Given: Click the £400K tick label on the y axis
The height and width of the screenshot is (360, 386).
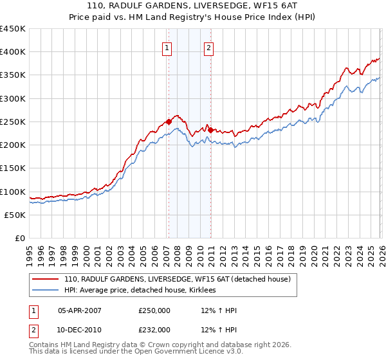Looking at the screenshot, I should pos(13,52).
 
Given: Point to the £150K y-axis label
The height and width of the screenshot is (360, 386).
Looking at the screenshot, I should pos(13,168).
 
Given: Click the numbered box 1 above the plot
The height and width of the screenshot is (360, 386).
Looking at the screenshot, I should pos(167,47).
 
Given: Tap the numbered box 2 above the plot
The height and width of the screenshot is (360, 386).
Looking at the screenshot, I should pos(210,47).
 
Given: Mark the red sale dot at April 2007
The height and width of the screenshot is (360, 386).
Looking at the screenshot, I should pos(169,122).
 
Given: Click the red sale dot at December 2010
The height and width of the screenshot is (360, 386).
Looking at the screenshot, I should pos(210,130).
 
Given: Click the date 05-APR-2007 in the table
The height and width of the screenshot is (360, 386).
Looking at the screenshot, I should pos(80,310).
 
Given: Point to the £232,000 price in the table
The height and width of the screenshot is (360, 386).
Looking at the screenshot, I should pos(154,329).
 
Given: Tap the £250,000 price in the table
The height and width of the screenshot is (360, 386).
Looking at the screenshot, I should pos(154,310).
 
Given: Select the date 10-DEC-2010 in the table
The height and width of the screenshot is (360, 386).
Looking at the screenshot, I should pos(80,329).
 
